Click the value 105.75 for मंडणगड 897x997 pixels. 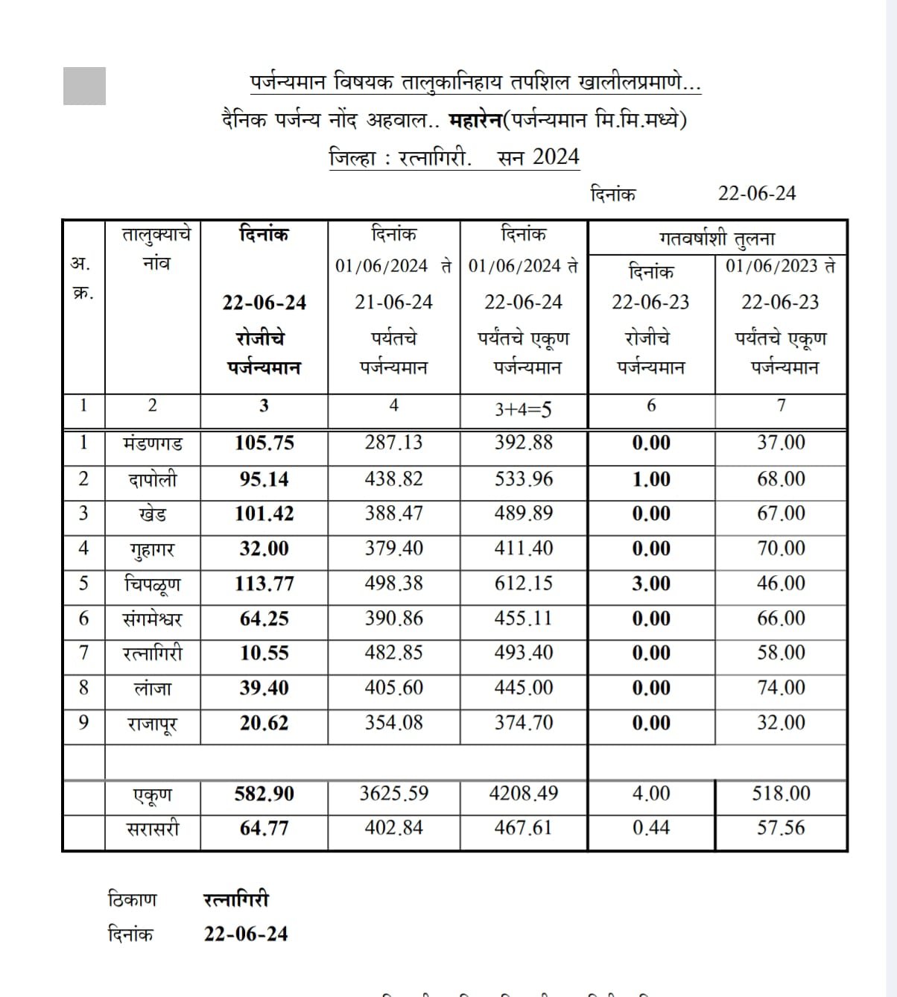click(264, 443)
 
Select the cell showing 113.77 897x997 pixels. click(264, 583)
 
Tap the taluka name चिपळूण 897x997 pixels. click(153, 583)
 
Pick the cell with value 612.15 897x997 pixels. click(524, 583)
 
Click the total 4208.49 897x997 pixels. click(524, 794)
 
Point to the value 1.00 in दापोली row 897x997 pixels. click(651, 479)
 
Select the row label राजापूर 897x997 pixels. click(153, 724)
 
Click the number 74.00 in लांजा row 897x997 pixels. click(781, 688)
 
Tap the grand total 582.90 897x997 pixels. click(264, 794)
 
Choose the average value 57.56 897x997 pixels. click(781, 828)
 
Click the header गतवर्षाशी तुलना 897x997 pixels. click(717, 239)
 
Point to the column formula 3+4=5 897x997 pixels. click(524, 408)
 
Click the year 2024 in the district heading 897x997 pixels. click(556, 156)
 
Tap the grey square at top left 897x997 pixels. click(84, 86)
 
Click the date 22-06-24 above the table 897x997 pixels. click(757, 194)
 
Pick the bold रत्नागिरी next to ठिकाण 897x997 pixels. click(236, 899)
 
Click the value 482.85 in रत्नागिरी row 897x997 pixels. click(393, 653)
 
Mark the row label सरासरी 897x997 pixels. click(153, 829)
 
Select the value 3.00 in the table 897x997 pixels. click(651, 583)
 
